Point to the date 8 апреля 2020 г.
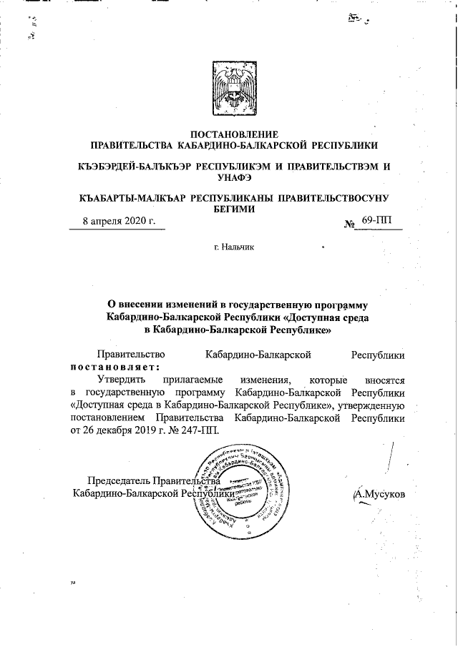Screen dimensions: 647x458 pos(119,221)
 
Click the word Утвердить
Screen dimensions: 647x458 pos(119,380)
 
